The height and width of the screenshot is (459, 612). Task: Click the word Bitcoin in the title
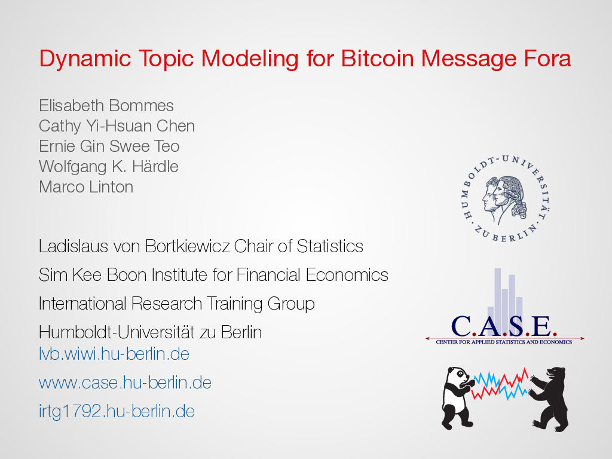pos(378,59)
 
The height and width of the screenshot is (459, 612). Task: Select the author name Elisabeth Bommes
pos(106,105)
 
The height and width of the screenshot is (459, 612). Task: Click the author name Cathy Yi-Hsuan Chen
pos(117,126)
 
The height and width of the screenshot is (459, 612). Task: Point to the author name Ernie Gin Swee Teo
pos(109,146)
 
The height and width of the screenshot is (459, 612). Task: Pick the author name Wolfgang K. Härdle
pos(109,167)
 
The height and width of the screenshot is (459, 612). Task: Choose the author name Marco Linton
pos(86,187)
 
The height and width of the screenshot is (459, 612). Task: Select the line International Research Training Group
pos(176,304)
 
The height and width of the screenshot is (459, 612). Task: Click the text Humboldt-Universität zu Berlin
pos(150,332)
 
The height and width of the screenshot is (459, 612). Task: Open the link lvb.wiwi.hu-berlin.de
pos(114,354)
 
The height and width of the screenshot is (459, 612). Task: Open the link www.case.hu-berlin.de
pos(125,382)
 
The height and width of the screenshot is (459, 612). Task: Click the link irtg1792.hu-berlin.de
pos(117,411)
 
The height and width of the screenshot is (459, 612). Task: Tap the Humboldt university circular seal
pos(506,198)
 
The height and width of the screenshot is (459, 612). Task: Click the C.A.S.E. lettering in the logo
pos(504,327)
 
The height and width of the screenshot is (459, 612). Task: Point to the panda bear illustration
pos(458,397)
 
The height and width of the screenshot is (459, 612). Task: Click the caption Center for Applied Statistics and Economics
pos(504,342)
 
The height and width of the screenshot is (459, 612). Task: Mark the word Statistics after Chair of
pos(330,246)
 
